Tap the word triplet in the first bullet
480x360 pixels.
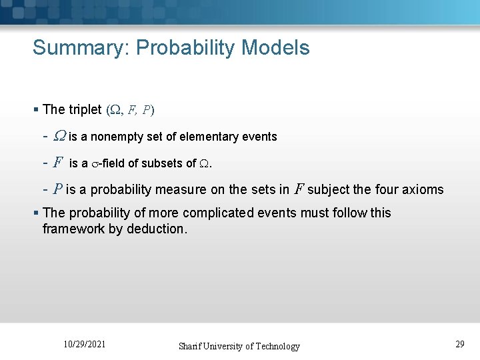84,109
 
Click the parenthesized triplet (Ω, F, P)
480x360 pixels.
130,109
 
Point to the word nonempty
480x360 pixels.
119,137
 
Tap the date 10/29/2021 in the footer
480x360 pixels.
84,345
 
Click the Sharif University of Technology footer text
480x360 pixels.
239,346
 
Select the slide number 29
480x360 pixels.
460,344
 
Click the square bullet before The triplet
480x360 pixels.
36,109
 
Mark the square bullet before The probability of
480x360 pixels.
36,213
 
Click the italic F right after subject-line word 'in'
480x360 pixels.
299,189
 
